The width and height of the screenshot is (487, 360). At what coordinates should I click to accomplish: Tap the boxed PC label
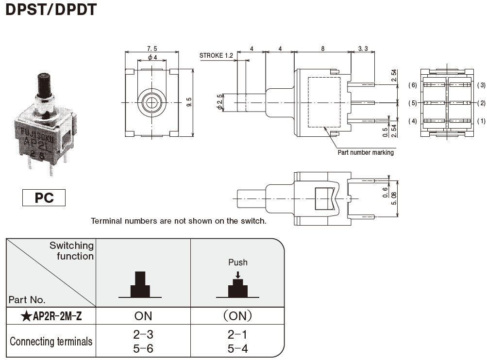pyautogui.click(x=44, y=198)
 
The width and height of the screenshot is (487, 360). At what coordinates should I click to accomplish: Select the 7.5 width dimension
pyautogui.click(x=152, y=48)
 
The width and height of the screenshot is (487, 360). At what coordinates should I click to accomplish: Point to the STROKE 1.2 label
pyautogui.click(x=216, y=55)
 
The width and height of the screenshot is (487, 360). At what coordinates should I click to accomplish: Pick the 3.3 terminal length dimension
pyautogui.click(x=363, y=48)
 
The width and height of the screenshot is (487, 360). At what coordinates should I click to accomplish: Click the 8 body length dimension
pyautogui.click(x=323, y=48)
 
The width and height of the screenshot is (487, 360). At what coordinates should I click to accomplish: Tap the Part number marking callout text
pyautogui.click(x=365, y=152)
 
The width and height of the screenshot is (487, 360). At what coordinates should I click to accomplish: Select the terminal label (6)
pyautogui.click(x=413, y=85)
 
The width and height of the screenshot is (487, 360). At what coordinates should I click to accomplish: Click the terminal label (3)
pyautogui.click(x=481, y=85)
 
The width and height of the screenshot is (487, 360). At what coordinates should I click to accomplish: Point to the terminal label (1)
pyautogui.click(x=481, y=121)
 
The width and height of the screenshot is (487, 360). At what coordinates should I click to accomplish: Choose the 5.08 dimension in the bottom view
pyautogui.click(x=400, y=198)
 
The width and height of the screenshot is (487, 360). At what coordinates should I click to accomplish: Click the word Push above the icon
pyautogui.click(x=238, y=262)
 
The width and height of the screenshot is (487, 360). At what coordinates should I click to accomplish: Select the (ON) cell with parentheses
pyautogui.click(x=238, y=316)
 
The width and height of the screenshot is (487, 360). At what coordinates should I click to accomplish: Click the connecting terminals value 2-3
pyautogui.click(x=143, y=334)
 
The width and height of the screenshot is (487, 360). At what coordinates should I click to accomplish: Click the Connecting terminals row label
pyautogui.click(x=51, y=341)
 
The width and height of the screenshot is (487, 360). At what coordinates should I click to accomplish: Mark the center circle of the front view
pyautogui.click(x=152, y=102)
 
